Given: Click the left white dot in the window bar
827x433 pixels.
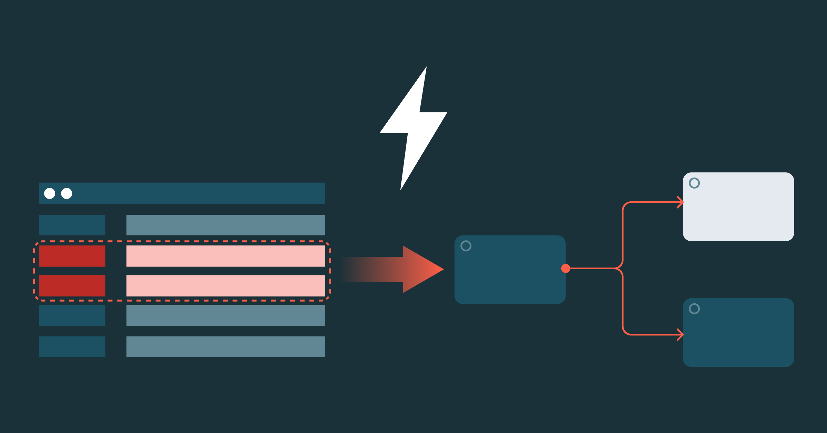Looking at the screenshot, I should coord(50,193).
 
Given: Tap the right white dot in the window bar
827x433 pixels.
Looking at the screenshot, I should coord(67,193).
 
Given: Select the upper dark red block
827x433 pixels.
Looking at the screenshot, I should coord(72,256).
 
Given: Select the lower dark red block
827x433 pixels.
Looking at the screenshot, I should coord(72,285).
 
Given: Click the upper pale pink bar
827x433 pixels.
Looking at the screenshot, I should coord(226,256).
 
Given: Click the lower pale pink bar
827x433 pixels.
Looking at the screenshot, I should coord(226,285).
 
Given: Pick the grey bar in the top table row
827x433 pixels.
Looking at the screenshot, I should coord(226,225).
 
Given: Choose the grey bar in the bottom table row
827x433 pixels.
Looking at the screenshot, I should coord(226,346).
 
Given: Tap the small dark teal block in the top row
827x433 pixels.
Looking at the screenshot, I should coord(72,225).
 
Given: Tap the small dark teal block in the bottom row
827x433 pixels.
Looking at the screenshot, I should coord(72,346).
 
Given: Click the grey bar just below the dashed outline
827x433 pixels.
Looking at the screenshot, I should coord(226,315).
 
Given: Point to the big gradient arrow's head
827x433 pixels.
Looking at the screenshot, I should coord(422,269).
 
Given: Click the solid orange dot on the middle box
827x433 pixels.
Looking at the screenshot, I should coord(565,268).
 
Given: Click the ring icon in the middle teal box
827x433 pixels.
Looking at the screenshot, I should coord(466,246).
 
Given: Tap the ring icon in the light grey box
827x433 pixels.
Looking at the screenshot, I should coord(694,183).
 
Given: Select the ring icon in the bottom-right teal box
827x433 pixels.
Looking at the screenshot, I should coord(694,309).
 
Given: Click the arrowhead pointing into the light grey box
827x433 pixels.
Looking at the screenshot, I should coord(680,202).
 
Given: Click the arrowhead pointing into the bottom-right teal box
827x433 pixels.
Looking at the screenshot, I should coord(680,334).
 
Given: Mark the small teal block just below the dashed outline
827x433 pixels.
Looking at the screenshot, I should coord(72,315).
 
